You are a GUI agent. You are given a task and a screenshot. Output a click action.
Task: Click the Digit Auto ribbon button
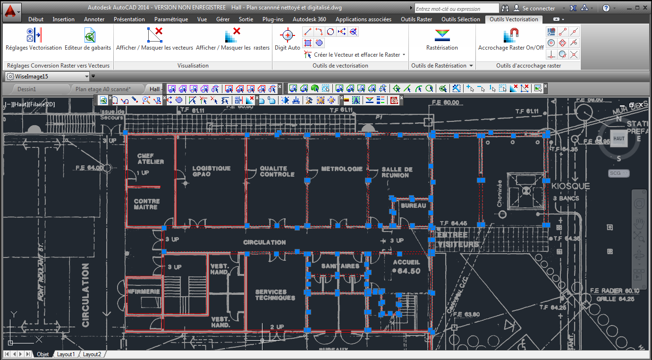click(287, 39)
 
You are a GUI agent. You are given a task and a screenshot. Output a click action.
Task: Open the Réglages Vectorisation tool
click(34, 39)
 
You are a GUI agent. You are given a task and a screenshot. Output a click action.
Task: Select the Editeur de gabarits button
click(88, 39)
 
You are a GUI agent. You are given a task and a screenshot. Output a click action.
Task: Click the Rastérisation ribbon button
click(442, 39)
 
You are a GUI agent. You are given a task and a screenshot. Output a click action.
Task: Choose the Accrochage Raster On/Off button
click(511, 39)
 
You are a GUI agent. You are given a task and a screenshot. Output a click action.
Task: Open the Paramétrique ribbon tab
click(171, 19)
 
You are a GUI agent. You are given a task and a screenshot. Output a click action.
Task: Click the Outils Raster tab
click(416, 19)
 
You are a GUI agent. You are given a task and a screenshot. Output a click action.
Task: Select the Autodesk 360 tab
click(309, 19)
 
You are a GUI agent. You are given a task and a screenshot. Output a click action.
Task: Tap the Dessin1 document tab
click(27, 89)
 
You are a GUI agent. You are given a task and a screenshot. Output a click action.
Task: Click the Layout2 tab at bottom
click(92, 354)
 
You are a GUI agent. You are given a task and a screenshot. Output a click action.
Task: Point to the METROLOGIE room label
click(342, 169)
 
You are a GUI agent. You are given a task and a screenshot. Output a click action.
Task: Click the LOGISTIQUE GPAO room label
click(211, 171)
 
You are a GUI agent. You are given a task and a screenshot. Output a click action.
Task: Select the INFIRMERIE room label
click(144, 291)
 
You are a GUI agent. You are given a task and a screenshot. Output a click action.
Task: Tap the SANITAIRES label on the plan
click(340, 266)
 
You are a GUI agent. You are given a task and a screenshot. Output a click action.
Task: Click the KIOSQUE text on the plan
click(570, 186)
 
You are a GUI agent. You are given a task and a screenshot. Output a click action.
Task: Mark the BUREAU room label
click(413, 206)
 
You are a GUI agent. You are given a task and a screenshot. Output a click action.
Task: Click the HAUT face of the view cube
click(618, 138)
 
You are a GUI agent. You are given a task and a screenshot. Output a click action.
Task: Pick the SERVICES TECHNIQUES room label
click(275, 295)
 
